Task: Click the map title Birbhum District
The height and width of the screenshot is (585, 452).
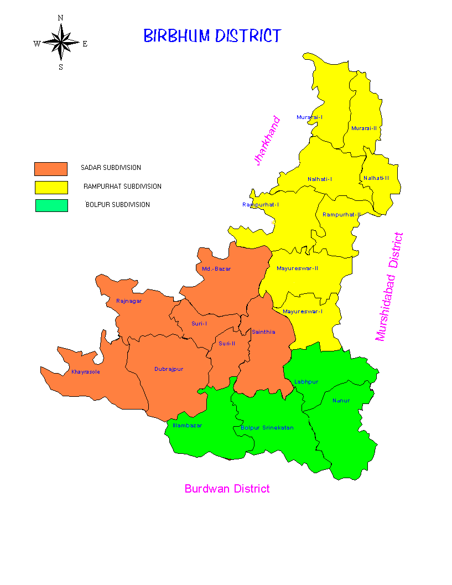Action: tap(212, 37)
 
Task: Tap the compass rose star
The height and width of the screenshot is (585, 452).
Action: tap(61, 43)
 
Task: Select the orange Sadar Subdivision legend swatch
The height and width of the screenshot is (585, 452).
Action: tap(51, 169)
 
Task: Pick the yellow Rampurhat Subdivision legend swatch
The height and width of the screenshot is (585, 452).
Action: tap(51, 187)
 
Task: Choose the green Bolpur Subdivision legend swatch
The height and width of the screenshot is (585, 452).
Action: tap(51, 205)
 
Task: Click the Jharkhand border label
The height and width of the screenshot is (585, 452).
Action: tap(267, 141)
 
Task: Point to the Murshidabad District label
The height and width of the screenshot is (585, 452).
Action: tap(389, 286)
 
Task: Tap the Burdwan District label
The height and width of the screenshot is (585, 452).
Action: tap(227, 489)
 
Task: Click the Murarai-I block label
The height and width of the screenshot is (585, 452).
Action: tap(309, 117)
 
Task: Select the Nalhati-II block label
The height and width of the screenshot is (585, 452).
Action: tap(376, 178)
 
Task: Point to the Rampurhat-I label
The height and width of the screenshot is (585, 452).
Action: tap(261, 205)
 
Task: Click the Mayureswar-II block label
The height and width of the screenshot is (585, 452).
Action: tap(297, 268)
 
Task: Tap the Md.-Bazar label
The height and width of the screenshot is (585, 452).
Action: tap(216, 268)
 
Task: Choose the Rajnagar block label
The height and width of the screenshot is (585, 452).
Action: tap(129, 301)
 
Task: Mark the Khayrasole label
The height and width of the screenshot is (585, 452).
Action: tap(86, 372)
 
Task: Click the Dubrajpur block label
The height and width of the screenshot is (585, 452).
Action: tap(169, 369)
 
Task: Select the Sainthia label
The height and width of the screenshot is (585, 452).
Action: tap(263, 332)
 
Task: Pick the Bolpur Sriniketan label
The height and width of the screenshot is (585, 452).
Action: tap(267, 428)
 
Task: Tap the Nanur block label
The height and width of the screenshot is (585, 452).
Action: tap(341, 400)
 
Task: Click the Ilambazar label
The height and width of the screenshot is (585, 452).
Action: tap(188, 426)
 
